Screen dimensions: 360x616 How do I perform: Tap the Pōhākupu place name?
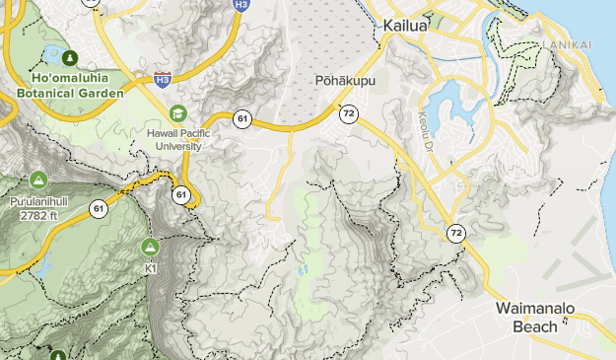tap(339, 80)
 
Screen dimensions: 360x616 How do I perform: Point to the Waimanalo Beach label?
tap(535, 317)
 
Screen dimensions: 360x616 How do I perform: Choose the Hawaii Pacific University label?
tap(177, 139)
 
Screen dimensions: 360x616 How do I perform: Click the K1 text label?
tap(151, 267)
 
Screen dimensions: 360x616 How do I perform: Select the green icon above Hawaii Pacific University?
tap(177, 113)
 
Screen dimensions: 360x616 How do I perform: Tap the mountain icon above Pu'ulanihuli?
tap(38, 180)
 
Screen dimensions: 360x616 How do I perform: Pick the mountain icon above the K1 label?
tap(151, 246)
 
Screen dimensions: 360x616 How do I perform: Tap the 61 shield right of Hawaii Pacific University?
tap(242, 119)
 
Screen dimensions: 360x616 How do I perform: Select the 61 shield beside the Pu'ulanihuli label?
tap(99, 208)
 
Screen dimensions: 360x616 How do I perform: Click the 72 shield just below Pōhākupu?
tap(349, 114)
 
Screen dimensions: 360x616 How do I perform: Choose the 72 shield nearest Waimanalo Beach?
tap(455, 234)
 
